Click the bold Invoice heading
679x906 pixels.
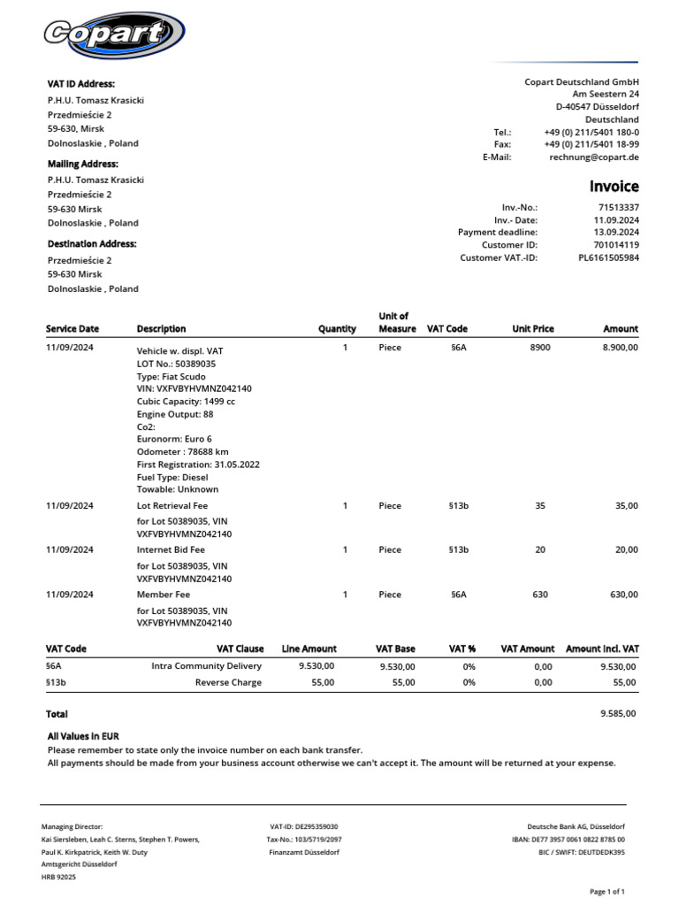click(614, 187)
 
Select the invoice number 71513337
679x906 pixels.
click(618, 206)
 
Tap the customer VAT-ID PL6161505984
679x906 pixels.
click(608, 257)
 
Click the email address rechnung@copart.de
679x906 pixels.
click(593, 157)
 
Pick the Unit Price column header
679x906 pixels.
click(532, 329)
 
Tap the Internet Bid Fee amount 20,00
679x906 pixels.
click(626, 549)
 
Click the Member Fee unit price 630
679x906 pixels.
click(540, 595)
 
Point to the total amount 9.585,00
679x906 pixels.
click(618, 713)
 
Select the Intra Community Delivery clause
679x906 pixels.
click(207, 666)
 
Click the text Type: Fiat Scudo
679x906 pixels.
click(171, 377)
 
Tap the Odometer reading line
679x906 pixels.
click(183, 451)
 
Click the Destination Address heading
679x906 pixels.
click(92, 243)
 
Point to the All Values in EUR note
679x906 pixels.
click(83, 736)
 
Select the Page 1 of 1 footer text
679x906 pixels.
click(607, 891)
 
